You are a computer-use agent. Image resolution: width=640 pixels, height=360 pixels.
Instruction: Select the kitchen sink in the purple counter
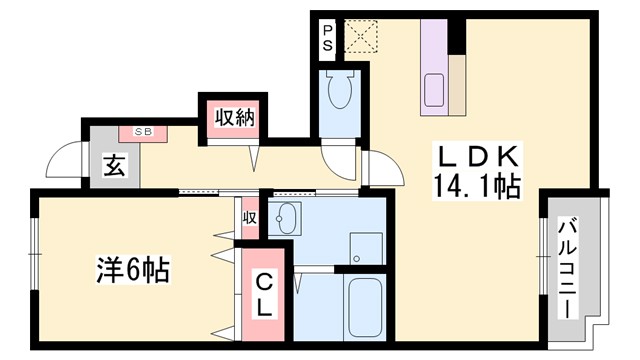[436, 88]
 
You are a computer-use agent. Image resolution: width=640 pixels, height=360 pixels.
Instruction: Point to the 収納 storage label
[233, 118]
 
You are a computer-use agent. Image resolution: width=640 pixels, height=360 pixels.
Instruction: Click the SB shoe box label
[144, 130]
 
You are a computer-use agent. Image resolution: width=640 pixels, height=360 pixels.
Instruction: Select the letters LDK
[475, 157]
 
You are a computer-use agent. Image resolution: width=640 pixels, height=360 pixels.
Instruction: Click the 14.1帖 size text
[476, 185]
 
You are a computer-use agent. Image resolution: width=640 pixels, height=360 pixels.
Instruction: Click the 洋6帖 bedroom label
[133, 270]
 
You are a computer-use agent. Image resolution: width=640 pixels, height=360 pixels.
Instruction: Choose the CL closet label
[262, 296]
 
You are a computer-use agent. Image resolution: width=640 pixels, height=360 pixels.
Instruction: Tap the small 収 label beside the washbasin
[249, 218]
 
